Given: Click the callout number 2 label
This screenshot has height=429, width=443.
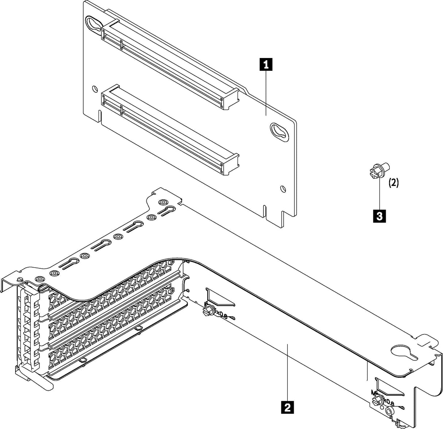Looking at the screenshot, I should pyautogui.click(x=288, y=407).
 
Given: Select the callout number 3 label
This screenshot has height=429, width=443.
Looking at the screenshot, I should pyautogui.click(x=380, y=216).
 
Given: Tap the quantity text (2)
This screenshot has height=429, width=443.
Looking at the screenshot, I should pyautogui.click(x=393, y=183).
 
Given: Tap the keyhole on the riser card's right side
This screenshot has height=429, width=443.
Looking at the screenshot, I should pyautogui.click(x=280, y=131).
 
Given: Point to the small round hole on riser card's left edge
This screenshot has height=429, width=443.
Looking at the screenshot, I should pyautogui.click(x=95, y=88).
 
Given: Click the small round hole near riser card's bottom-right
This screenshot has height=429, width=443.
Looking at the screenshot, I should pyautogui.click(x=282, y=189).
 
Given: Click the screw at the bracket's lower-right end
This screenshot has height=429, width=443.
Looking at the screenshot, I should pyautogui.click(x=376, y=401).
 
